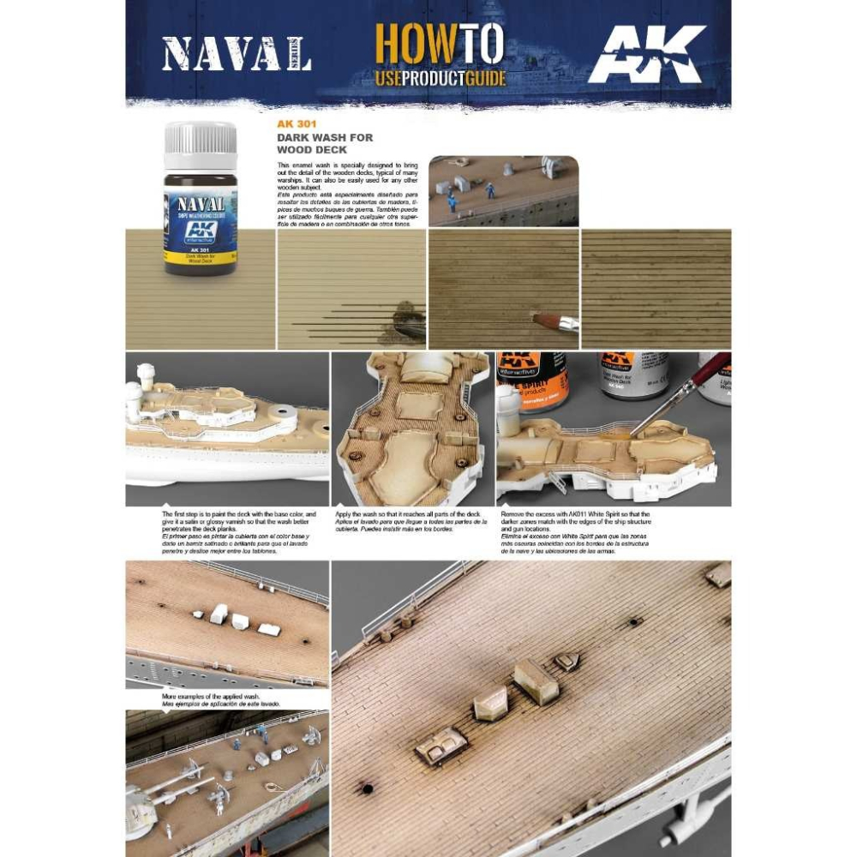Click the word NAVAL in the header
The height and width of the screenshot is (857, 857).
225,54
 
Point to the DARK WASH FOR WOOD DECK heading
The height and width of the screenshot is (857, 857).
324,143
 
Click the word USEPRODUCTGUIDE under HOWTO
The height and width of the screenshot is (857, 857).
440,79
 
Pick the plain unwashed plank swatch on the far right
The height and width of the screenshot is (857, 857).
656,288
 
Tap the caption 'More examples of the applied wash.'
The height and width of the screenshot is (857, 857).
219,699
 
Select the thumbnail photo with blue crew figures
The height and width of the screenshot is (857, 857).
503,190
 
